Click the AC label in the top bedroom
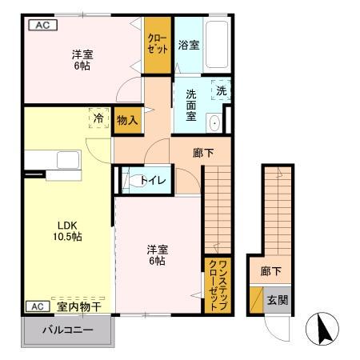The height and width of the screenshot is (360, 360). tap(42, 24)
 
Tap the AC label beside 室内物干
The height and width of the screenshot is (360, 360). tap(36, 306)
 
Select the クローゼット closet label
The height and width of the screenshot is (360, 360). tap(157, 43)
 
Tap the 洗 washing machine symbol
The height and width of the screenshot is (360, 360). tap(222, 91)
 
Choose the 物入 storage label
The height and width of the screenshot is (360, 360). tap(126, 120)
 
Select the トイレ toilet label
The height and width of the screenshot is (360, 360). tap(153, 180)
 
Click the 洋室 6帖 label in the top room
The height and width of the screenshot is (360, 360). tap(82, 61)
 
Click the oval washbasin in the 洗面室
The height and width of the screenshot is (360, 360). tap(214, 123)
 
